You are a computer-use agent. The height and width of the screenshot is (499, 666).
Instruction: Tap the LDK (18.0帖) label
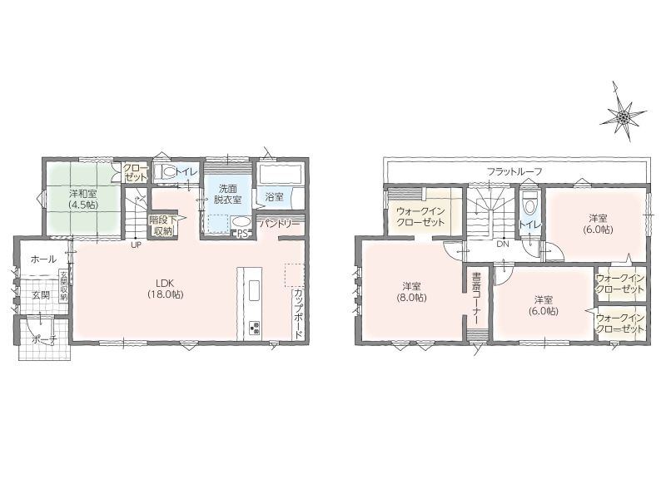166,288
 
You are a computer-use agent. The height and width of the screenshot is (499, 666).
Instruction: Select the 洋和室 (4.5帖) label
82,199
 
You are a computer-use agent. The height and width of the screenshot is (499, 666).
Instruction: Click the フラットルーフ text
514,172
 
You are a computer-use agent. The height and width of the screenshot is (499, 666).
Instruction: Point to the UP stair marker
136,245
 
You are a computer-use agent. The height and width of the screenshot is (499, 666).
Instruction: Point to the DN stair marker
503,245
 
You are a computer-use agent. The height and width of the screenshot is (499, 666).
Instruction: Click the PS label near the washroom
242,233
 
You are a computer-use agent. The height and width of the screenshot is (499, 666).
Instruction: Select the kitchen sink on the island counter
254,291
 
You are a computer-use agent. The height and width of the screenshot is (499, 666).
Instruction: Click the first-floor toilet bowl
166,172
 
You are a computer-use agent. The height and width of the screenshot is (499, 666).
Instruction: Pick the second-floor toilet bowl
529,205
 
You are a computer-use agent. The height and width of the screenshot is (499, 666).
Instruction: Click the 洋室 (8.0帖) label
411,292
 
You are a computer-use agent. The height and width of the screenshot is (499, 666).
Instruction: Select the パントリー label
280,223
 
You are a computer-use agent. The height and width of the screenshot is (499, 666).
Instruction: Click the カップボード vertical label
298,314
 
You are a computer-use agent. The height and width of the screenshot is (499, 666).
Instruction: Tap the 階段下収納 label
160,225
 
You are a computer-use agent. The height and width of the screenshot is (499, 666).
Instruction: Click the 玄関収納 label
63,285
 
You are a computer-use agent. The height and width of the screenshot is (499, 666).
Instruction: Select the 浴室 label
274,197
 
